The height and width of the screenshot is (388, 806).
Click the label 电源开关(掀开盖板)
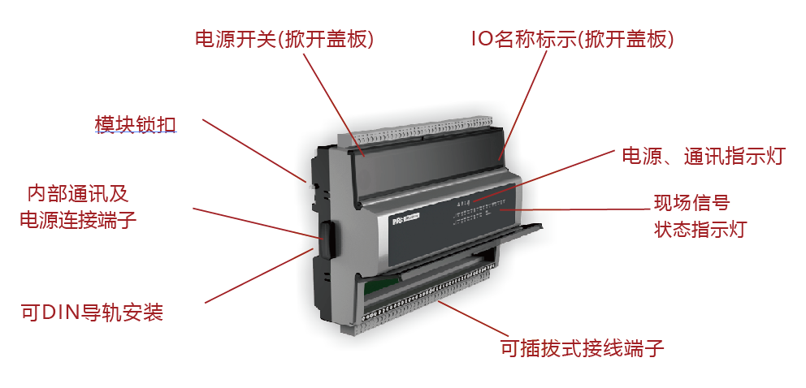pos(284,40)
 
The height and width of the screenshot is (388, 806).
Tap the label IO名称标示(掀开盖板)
pos(573,40)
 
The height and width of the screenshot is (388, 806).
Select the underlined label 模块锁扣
pos(136,124)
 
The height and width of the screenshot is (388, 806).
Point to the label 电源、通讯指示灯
pos(704,157)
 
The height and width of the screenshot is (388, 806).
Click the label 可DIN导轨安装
pos(93,312)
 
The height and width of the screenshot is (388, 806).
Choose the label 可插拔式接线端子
pos(583,348)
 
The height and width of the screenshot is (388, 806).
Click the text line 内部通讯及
pos(78,195)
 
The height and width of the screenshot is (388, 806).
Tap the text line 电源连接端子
pos(78,220)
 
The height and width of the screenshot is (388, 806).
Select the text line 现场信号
pos(692,203)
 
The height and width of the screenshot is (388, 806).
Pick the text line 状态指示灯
pos(700,229)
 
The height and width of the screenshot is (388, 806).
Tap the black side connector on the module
pos(327,238)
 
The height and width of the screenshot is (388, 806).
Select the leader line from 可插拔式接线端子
pos(469,319)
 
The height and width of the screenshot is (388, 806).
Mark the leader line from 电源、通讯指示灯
pos(544,175)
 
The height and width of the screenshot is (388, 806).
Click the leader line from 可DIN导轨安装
pos(259,275)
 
